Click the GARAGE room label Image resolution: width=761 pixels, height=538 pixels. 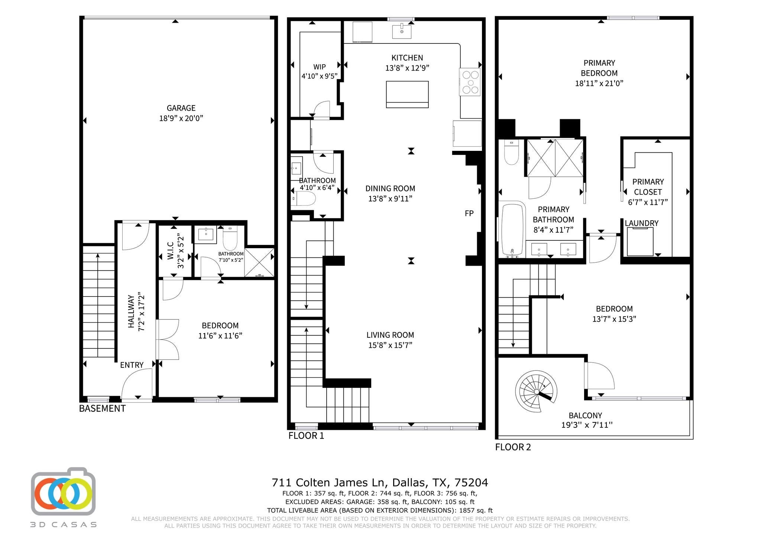click(181, 108)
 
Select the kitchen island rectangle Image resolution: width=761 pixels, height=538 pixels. click(407, 94)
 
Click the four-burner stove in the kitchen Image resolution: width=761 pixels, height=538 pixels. click(470, 82)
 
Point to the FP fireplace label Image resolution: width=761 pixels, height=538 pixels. click(469, 213)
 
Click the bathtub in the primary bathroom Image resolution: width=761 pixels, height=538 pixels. click(512, 229)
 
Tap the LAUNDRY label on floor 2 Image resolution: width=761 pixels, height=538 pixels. click(641, 223)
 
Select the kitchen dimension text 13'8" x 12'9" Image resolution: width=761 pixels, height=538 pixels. click(407, 68)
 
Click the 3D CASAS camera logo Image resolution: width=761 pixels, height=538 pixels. click(63, 492)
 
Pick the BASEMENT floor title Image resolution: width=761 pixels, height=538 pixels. click(102, 408)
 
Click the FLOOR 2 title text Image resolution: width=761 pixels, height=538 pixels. click(513, 447)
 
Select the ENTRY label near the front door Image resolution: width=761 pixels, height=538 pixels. click(132, 365)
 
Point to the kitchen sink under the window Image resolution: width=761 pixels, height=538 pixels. click(402, 31)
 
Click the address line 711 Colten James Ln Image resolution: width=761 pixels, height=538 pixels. click(379, 483)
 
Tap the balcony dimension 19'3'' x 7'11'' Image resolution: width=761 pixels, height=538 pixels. click(586, 425)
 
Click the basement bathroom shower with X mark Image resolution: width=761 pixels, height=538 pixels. click(259, 262)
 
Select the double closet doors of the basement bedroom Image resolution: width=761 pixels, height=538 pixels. click(167, 339)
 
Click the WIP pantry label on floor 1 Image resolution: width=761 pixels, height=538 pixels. click(319, 67)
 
